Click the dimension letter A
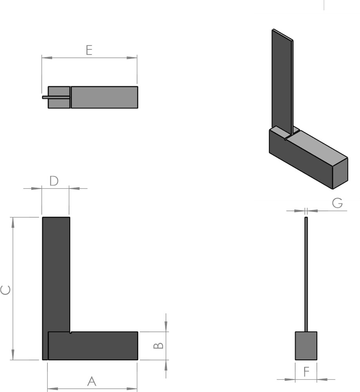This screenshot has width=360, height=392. pos(92,381)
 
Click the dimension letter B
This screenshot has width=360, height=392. pos(158,346)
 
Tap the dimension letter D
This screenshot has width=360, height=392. pos(54,181)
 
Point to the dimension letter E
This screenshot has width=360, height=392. pos(89,50)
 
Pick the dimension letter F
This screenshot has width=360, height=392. pos(306,372)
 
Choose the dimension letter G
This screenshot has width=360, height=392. pos(337,203)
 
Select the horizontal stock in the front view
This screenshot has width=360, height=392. pos(93,346)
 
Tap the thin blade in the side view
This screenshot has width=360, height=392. pos(306,274)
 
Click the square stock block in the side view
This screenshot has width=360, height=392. pos(306,346)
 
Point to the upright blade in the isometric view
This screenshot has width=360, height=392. pos(282,82)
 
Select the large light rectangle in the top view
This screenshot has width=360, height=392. pos(104,97)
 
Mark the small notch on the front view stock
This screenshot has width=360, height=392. pos(71,333)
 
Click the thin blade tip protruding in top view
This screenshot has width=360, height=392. pos(45,97)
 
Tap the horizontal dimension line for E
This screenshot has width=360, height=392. pos(89,58)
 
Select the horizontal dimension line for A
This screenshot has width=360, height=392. pos(92,389)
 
